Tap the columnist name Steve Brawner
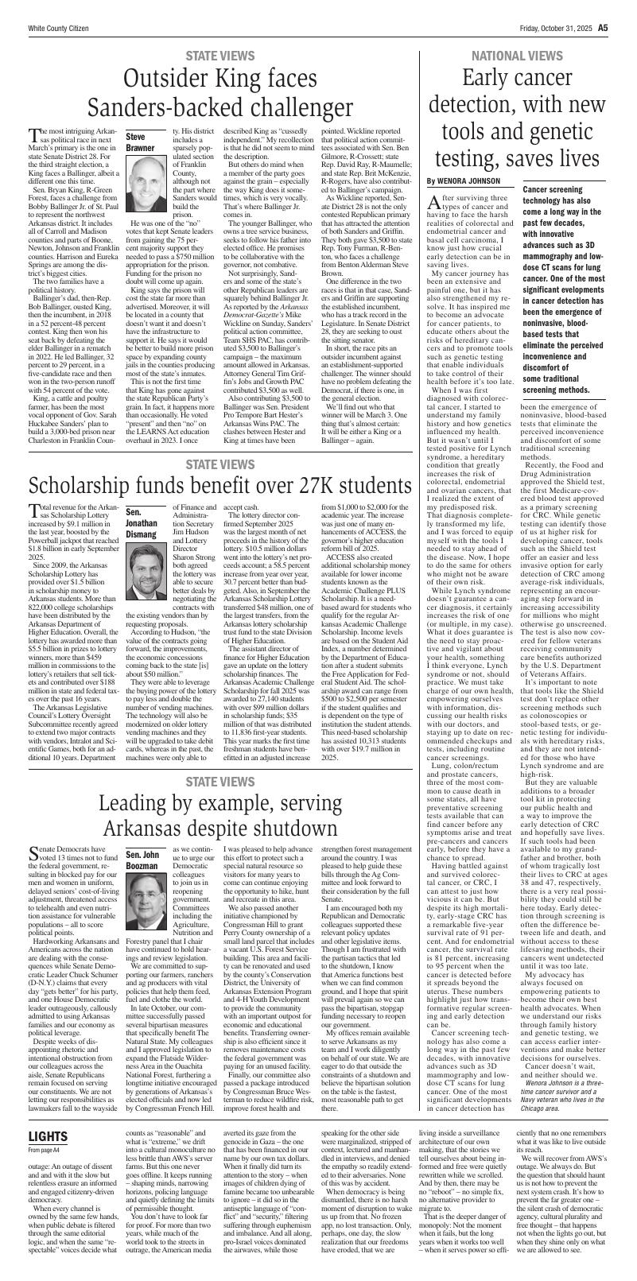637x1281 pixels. coord(140,142)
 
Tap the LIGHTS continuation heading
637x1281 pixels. coord(48,1135)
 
